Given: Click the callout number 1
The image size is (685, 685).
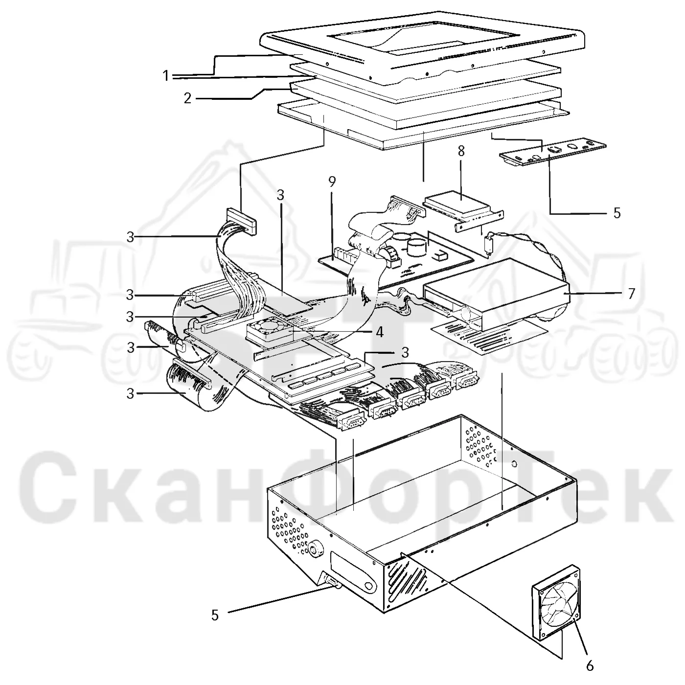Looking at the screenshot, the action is click(166, 76).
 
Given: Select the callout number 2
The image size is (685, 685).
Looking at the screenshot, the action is click(188, 98).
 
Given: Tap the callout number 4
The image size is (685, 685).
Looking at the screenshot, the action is click(380, 332).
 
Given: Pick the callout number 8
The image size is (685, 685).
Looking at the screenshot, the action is click(461, 151).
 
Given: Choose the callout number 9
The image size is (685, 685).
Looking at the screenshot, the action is click(332, 182).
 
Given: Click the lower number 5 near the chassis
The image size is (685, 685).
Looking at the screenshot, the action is click(215, 615).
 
